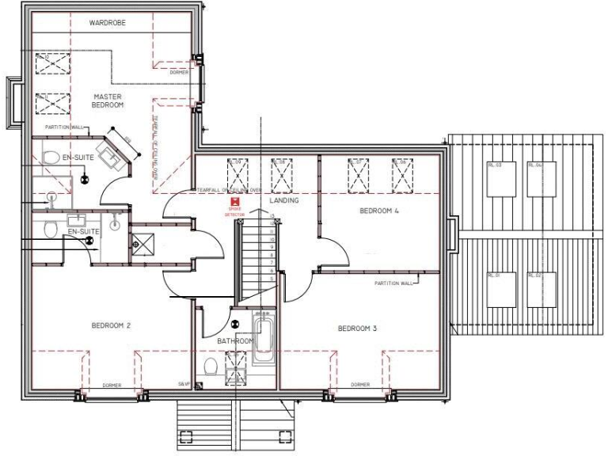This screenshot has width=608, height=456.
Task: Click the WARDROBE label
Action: pyautogui.click(x=107, y=23)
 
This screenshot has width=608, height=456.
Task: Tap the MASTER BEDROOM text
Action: pyautogui.click(x=107, y=101)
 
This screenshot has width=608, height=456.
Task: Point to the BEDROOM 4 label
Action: pyautogui.click(x=379, y=211)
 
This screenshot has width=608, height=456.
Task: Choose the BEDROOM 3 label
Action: pyautogui.click(x=357, y=329)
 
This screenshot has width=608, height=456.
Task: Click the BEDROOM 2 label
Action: pyautogui.click(x=111, y=325)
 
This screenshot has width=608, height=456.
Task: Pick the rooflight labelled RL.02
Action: pyautogui.click(x=541, y=291)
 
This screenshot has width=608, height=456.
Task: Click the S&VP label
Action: pyautogui.click(x=184, y=384)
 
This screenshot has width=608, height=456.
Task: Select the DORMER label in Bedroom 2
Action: pyautogui.click(x=112, y=386)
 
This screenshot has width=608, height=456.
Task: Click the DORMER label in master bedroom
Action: pyautogui.click(x=180, y=73)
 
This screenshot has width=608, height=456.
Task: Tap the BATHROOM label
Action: pyautogui.click(x=234, y=341)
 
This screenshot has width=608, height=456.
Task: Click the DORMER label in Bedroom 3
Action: pyautogui.click(x=360, y=385)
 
